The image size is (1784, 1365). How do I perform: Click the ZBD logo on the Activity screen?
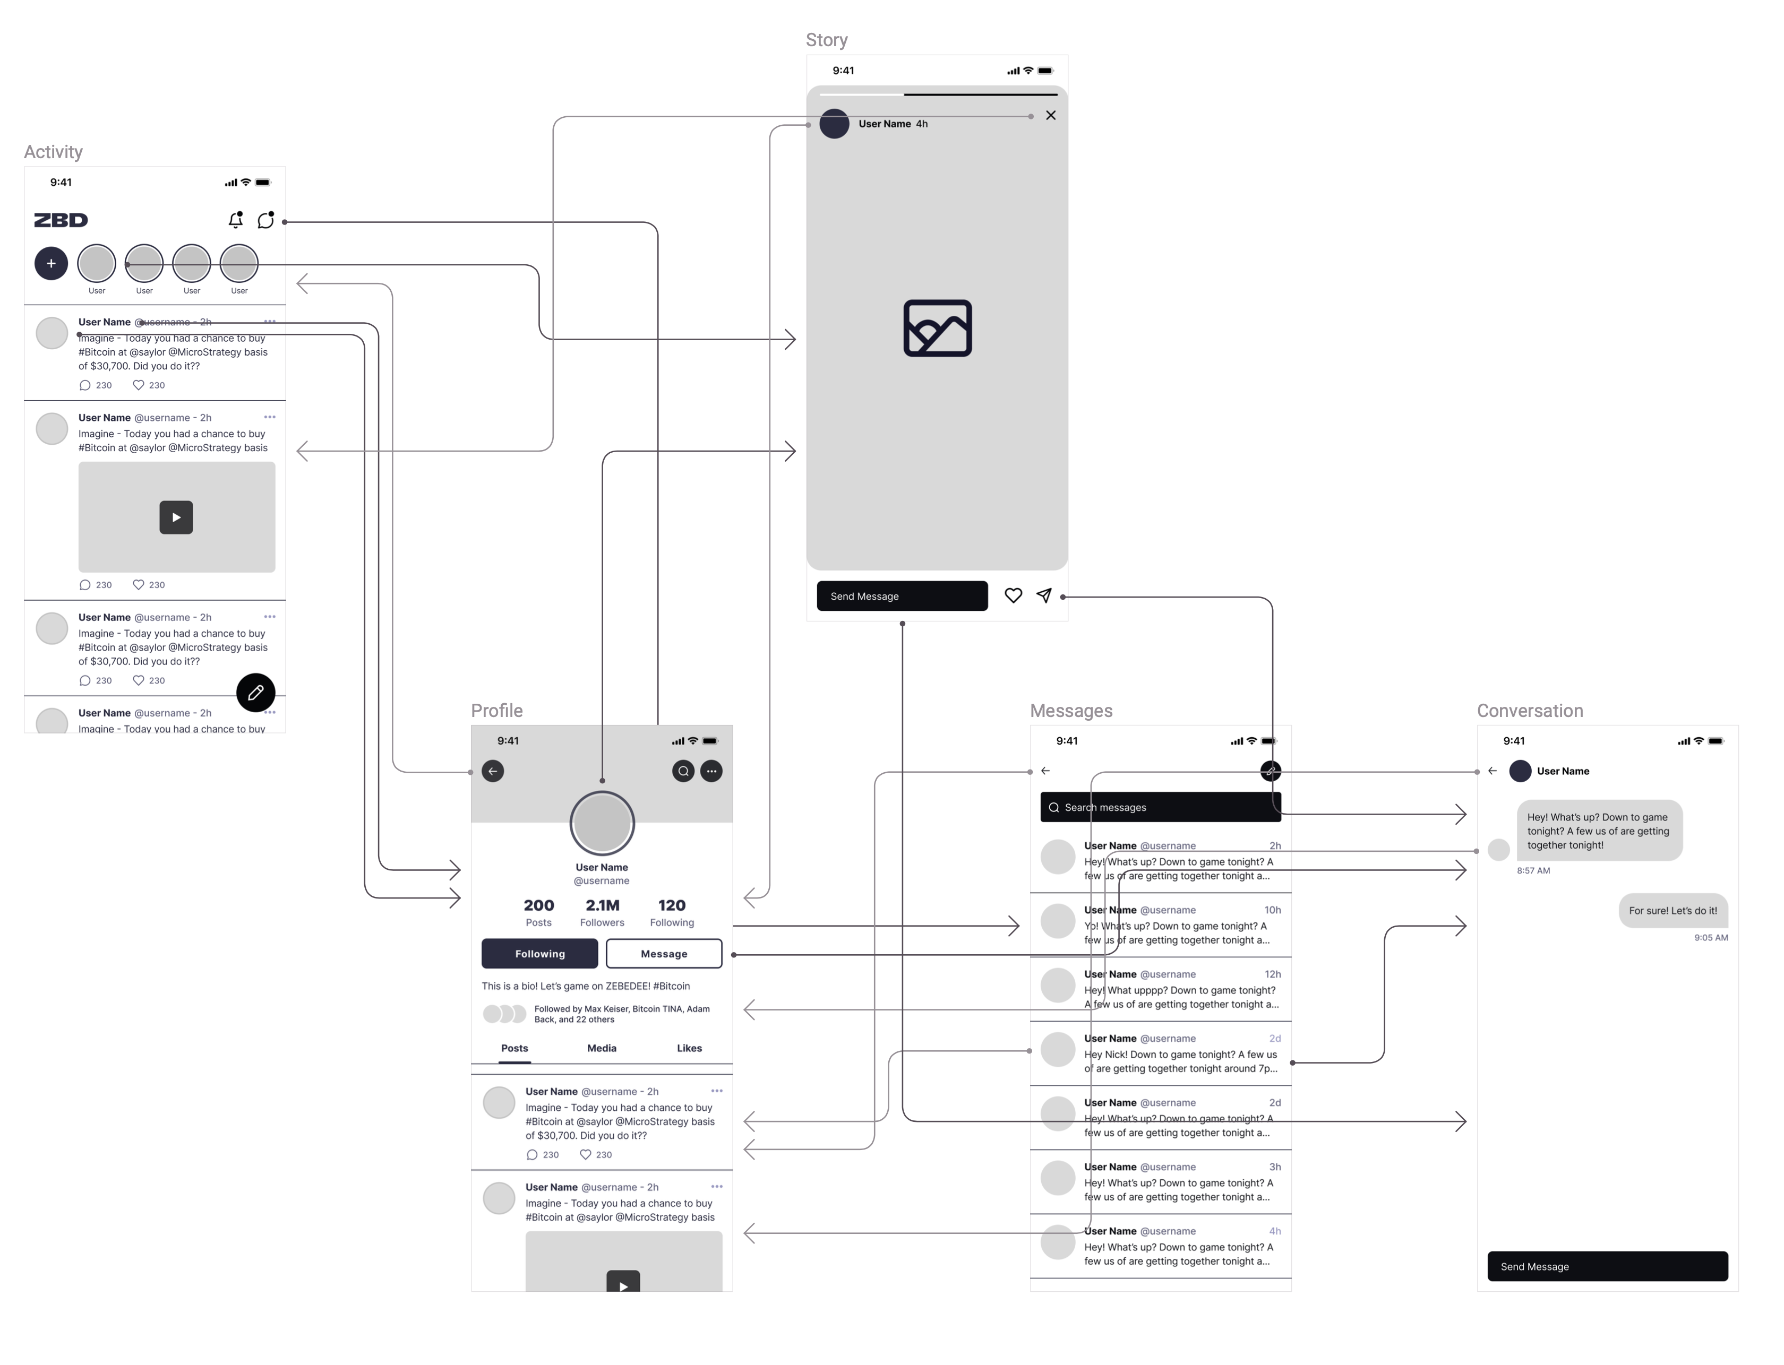[x=61, y=220]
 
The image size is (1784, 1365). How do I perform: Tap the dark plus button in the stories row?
[x=51, y=263]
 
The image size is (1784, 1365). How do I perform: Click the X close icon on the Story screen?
[x=1050, y=115]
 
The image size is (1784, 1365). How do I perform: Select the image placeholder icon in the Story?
[x=937, y=329]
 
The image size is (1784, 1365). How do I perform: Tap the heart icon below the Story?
[x=1013, y=595]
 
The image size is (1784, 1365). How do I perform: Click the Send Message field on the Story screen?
[x=902, y=595]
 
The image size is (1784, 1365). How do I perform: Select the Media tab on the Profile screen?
[x=602, y=1048]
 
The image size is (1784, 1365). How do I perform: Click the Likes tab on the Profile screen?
[x=689, y=1048]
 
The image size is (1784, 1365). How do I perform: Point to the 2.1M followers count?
[x=602, y=905]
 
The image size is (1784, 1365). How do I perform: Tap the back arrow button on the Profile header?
[x=493, y=771]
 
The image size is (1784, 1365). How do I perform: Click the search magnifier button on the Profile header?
[x=683, y=771]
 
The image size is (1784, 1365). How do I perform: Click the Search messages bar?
[x=1160, y=807]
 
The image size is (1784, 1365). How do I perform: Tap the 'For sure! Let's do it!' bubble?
[x=1672, y=911]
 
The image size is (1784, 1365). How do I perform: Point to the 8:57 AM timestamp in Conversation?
[x=1533, y=870]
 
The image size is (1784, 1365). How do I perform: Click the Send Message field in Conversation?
[x=1607, y=1266]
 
